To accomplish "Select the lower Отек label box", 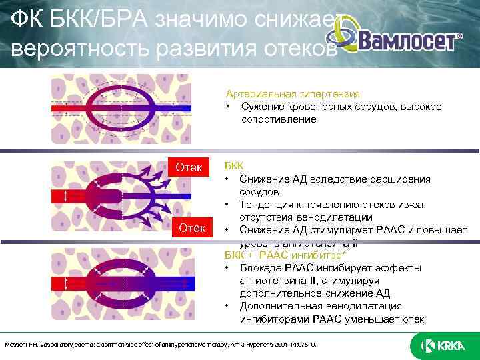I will click(x=192, y=229).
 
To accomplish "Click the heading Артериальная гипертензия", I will click(x=293, y=95).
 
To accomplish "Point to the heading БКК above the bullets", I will click(x=234, y=166).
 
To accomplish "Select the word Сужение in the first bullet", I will click(x=263, y=107).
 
